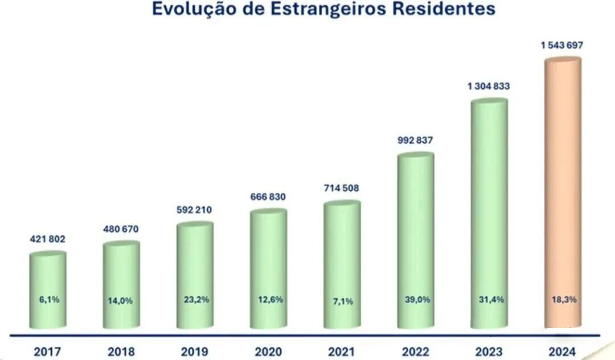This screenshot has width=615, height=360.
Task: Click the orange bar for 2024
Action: [x=563, y=194]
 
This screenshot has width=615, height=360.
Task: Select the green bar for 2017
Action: [x=48, y=291]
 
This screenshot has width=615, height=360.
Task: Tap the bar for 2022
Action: [x=416, y=239]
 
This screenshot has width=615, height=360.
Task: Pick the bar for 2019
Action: [x=195, y=273]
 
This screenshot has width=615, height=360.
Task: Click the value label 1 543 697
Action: [x=562, y=46]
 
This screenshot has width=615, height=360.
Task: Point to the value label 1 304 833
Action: [x=489, y=87]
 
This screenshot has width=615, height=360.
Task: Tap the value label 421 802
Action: [x=48, y=239]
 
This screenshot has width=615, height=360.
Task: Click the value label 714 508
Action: [x=342, y=189]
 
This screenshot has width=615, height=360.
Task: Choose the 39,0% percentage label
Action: [x=416, y=300]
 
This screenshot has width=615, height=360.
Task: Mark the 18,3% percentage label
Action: [x=563, y=300]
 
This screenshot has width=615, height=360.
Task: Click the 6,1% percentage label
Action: [x=48, y=300]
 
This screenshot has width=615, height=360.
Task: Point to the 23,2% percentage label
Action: [x=195, y=300]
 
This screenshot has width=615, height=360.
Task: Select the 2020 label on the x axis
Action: [x=268, y=351]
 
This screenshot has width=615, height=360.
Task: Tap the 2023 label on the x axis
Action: [x=489, y=351]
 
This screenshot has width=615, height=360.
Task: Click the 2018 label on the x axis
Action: [x=121, y=351]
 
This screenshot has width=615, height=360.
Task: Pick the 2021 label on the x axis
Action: [x=342, y=351]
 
